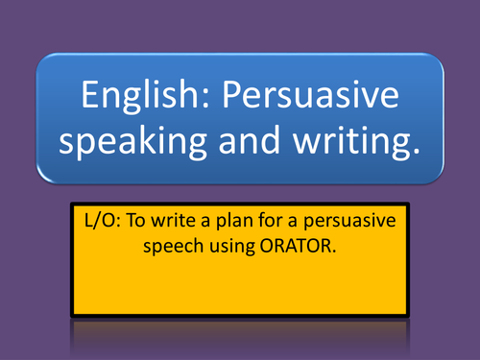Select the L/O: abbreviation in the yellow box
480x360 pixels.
[99, 220]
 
